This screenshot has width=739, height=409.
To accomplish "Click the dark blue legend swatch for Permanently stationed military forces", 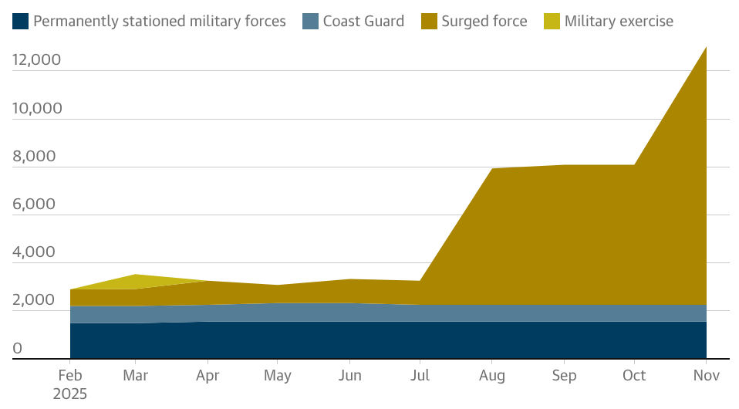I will (21, 21).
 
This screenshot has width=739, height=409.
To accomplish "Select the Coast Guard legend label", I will (363, 21).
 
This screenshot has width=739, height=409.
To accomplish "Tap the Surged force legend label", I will (484, 21).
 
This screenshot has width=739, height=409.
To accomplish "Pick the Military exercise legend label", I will (619, 21).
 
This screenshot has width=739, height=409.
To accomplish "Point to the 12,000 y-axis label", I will (36, 60).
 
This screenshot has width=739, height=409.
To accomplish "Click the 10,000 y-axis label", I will (36, 108).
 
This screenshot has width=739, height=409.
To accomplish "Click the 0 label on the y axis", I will (17, 348).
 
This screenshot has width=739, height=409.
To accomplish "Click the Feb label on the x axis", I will (70, 376).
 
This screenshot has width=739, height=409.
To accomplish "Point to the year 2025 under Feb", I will (70, 394).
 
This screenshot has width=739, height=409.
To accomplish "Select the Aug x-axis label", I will (492, 376).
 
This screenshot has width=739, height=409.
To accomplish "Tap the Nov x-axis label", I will (706, 376).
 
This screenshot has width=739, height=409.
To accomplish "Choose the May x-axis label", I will (278, 376).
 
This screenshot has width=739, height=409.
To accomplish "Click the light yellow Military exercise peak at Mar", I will (136, 275).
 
